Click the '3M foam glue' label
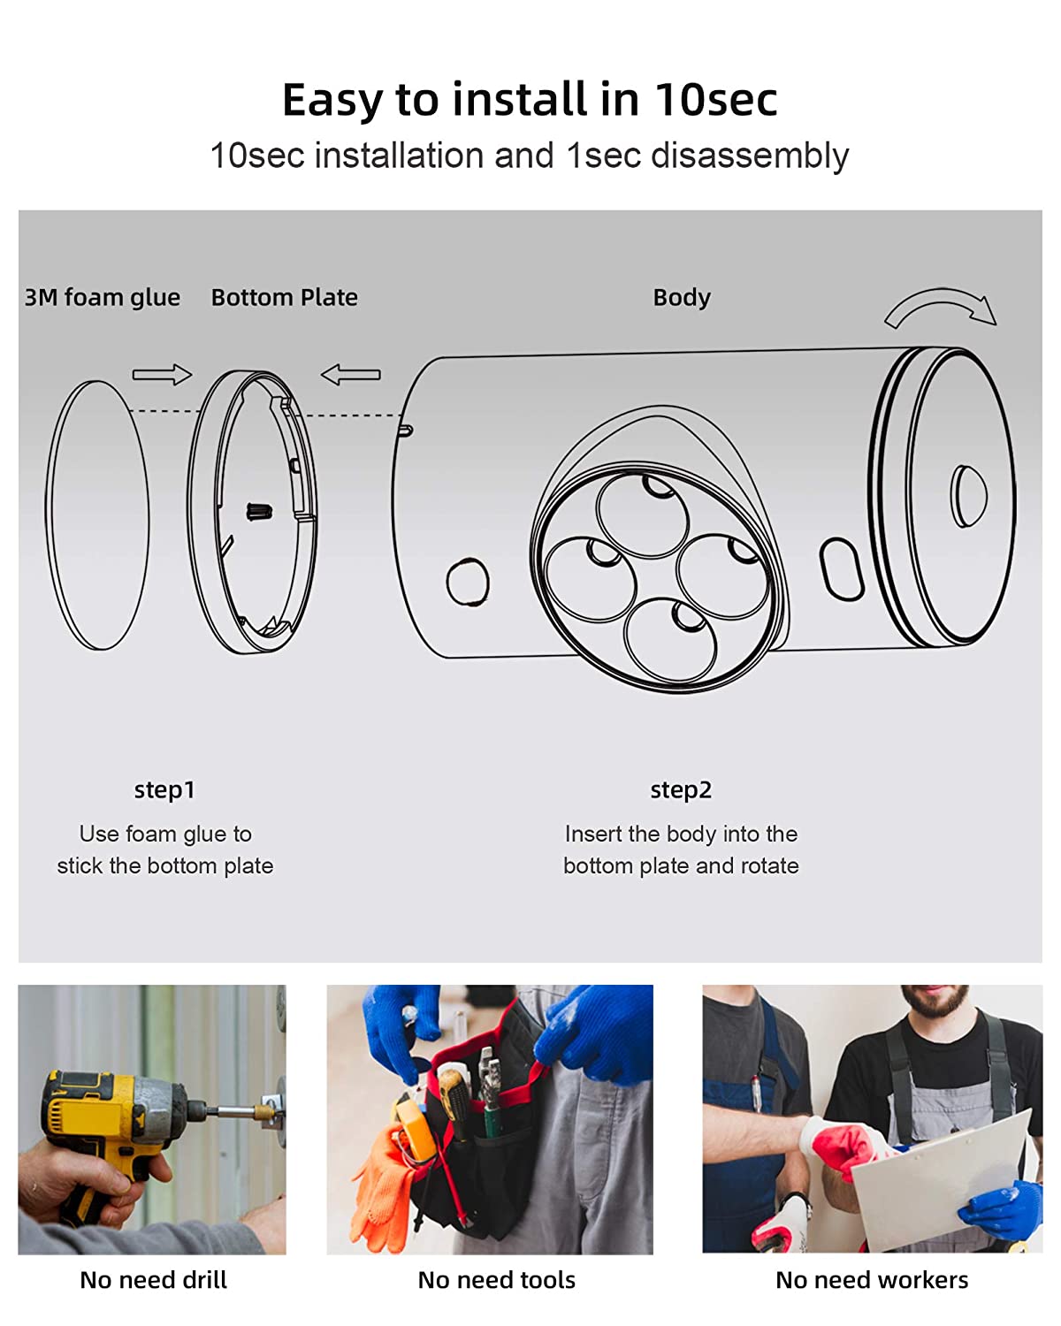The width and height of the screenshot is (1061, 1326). [103, 298]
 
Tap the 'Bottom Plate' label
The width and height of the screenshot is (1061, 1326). [284, 298]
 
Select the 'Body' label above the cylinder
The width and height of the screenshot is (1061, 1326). [681, 298]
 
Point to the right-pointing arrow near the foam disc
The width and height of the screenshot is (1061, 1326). [162, 374]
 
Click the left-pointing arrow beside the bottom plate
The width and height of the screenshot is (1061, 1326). [350, 374]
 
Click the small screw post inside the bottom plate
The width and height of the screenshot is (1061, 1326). [259, 512]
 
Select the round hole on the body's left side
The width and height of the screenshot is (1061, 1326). [468, 581]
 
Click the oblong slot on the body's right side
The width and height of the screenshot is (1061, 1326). [842, 568]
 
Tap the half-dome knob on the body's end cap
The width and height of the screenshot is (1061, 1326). [968, 496]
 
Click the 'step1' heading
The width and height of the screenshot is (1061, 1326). [164, 790]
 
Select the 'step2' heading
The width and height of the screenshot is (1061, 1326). [681, 790]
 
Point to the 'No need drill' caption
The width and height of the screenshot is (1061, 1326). [154, 1280]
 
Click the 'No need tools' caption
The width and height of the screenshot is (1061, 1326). [496, 1280]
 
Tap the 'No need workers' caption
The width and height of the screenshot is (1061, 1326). [872, 1280]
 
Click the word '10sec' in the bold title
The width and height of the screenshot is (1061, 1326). [715, 99]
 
